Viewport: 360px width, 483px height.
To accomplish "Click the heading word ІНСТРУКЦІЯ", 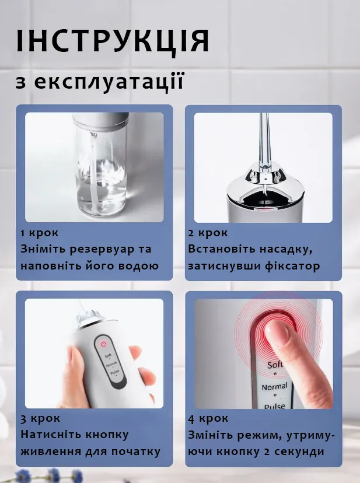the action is point(113,40).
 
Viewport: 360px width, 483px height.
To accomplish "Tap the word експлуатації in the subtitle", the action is point(109,82).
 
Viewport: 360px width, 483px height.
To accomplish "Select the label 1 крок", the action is point(39,233).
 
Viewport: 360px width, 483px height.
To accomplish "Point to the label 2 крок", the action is point(208,233).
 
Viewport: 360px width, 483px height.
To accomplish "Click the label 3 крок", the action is point(40,419).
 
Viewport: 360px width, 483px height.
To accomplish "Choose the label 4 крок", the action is point(208,419).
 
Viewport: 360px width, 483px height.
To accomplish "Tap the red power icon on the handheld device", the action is point(103,344).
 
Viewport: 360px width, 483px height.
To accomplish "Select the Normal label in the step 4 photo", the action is point(274,387).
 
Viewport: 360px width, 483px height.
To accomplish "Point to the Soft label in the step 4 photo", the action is point(274,365).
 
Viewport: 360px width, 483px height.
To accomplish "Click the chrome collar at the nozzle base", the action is point(265,177).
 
